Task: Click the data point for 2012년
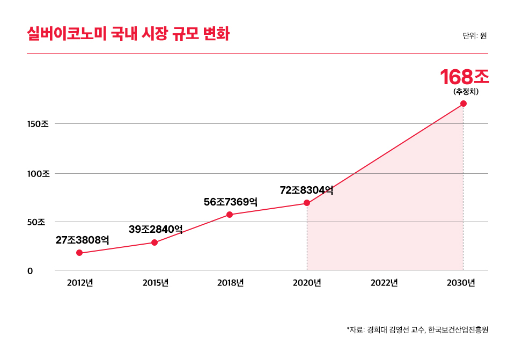[x=79, y=253]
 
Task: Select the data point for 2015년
[x=154, y=243]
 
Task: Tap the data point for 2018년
[x=230, y=215]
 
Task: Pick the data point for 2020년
[x=307, y=203]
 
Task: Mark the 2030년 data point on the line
[x=464, y=104]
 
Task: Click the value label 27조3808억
[x=83, y=240]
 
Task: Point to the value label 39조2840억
[x=156, y=229]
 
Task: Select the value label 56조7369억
[x=231, y=202]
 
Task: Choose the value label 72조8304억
[x=307, y=190]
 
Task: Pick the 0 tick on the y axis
[x=31, y=271]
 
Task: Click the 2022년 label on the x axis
[x=384, y=283]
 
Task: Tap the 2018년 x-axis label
[x=231, y=283]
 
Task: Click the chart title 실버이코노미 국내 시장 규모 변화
[x=128, y=34]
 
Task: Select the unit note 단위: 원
[x=475, y=36]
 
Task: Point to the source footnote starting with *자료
[x=417, y=329]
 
